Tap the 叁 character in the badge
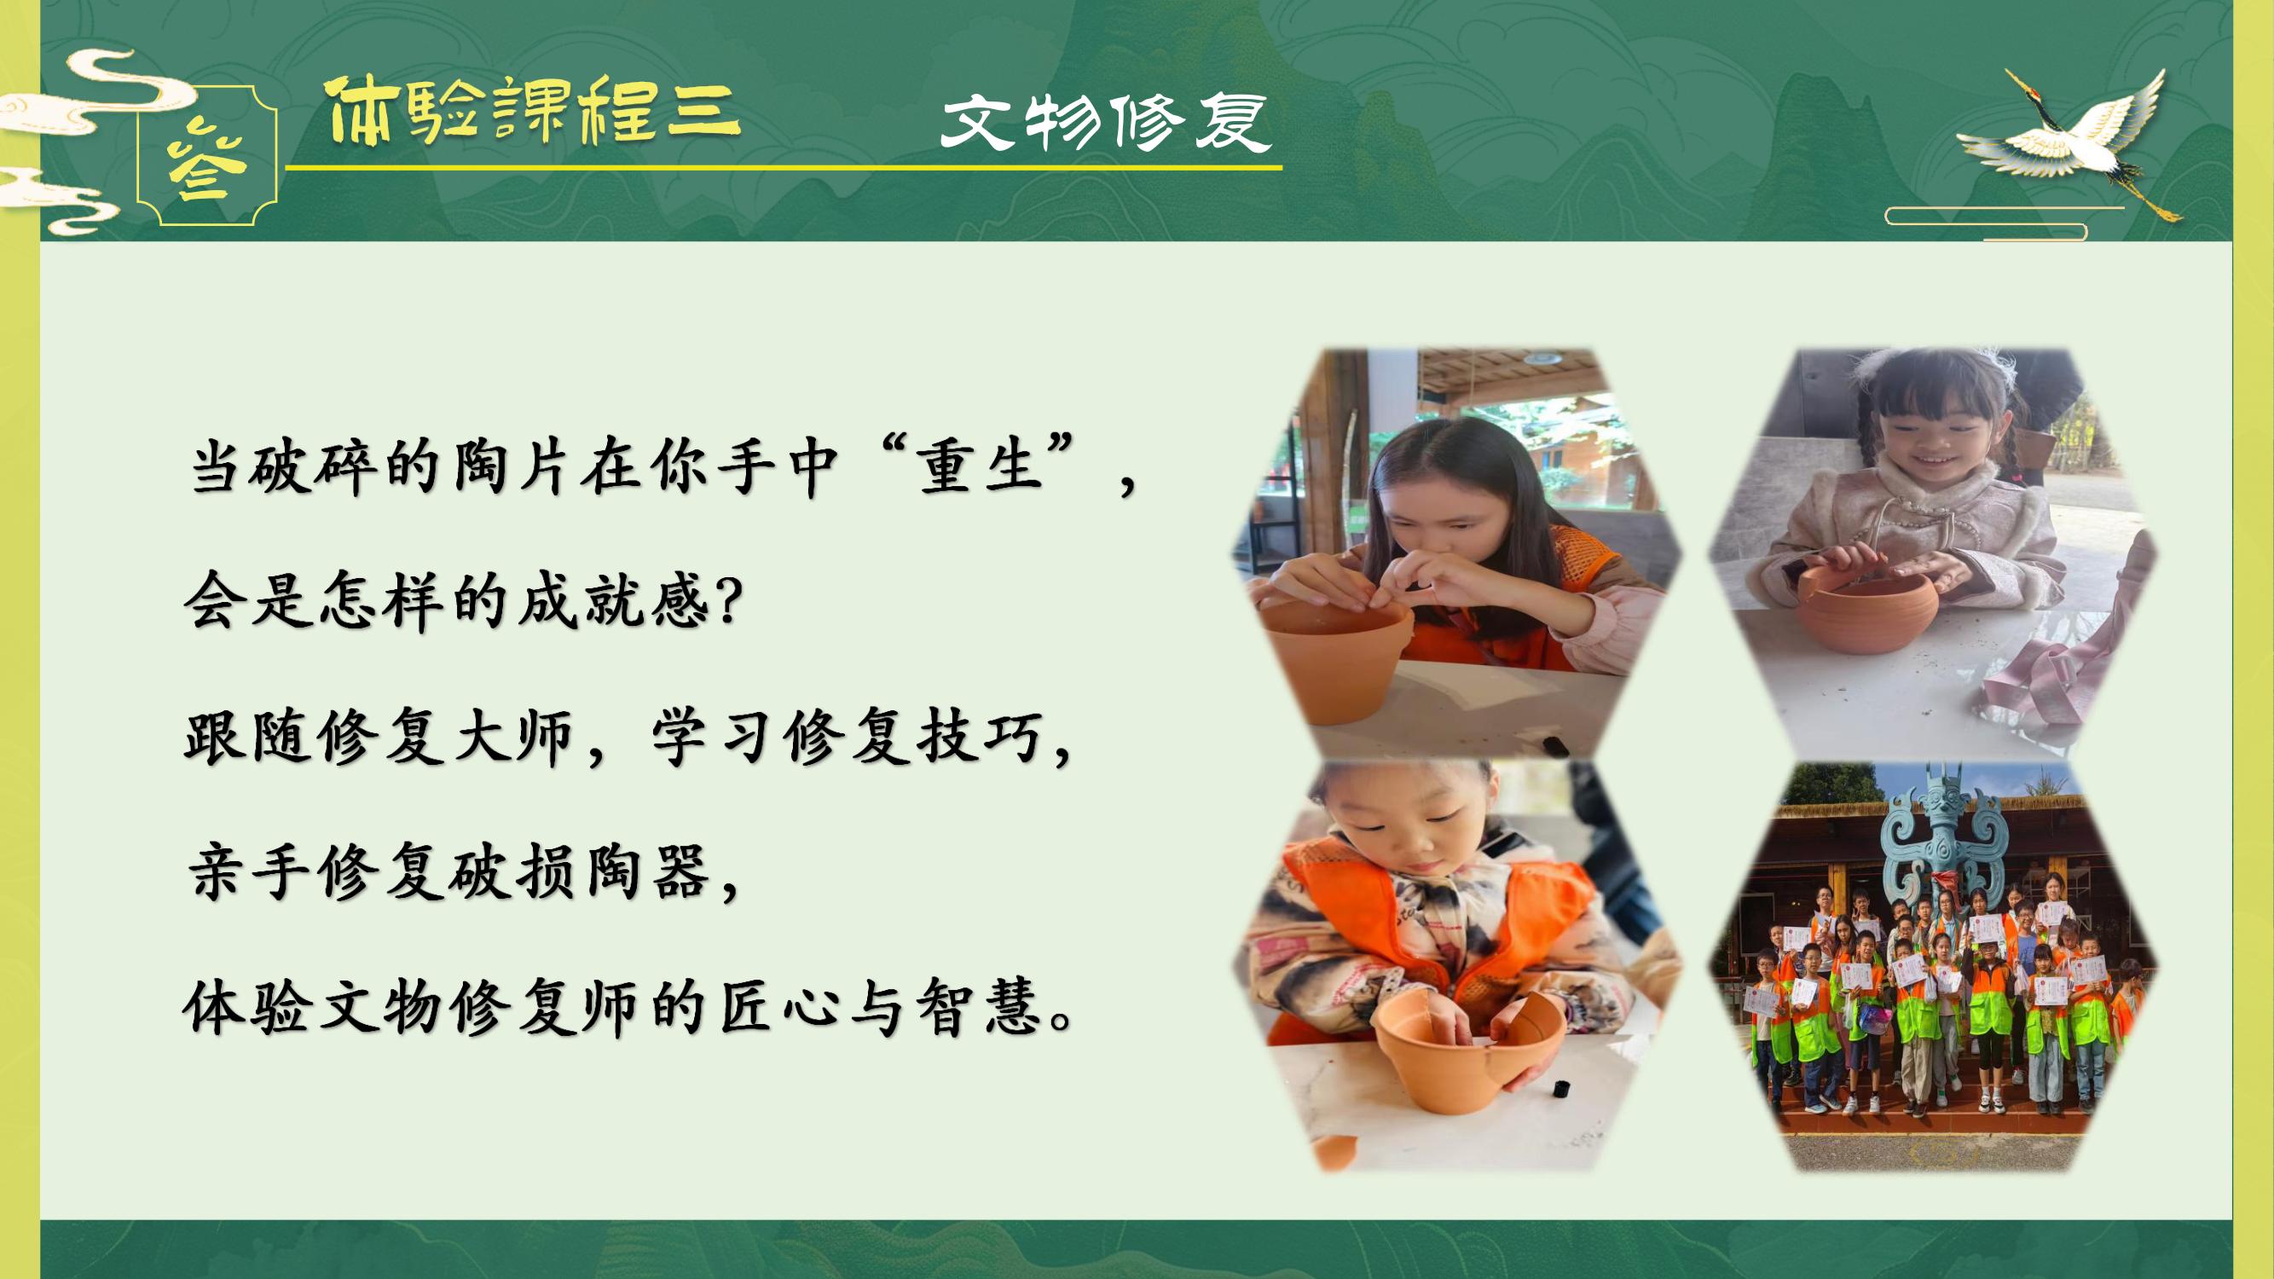208,167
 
